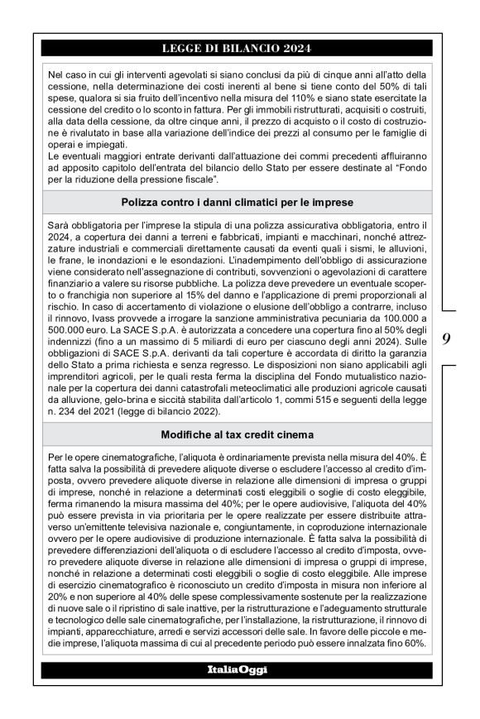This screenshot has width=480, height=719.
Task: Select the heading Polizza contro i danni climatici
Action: (238, 200)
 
